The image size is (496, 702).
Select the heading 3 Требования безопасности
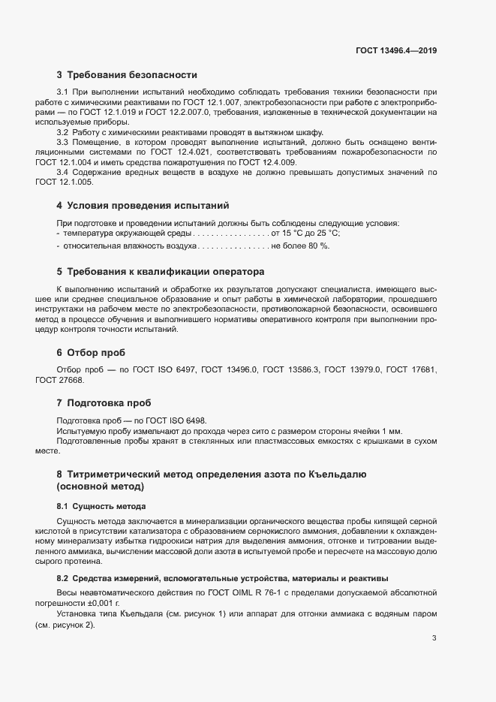point(127,75)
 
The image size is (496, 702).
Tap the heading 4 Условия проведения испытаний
point(143,205)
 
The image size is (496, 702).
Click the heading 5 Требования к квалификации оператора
point(161,271)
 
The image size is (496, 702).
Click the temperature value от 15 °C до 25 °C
point(308,234)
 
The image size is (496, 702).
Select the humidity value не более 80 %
point(299,245)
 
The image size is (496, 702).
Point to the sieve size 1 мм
point(393,431)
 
